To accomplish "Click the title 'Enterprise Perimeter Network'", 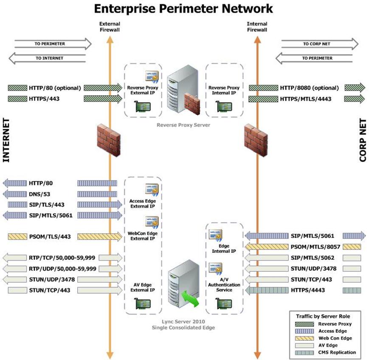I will pyautogui.click(x=183, y=9).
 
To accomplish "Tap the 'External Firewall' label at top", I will pyautogui.click(x=110, y=27).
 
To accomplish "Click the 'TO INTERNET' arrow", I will pyautogui.click(x=50, y=58).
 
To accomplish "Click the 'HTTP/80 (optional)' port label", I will pyautogui.click(x=55, y=88).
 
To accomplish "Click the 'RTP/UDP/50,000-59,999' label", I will pyautogui.click(x=62, y=269).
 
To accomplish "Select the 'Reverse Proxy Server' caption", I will pyautogui.click(x=183, y=125).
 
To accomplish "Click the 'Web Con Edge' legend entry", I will pyautogui.click(x=335, y=338).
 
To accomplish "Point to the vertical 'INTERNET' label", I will pyautogui.click(x=6, y=141).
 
